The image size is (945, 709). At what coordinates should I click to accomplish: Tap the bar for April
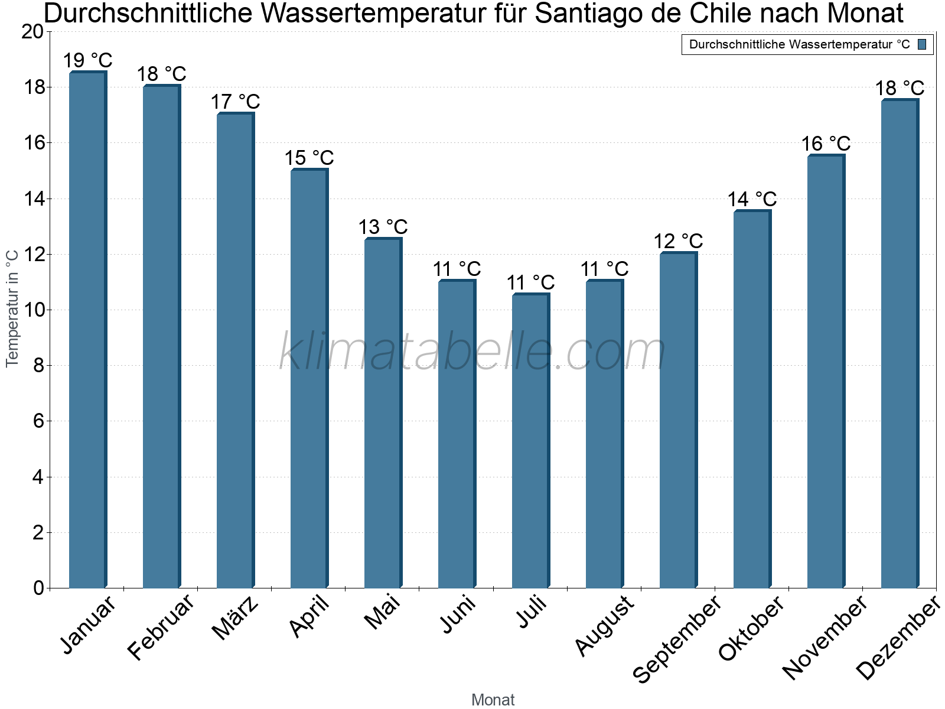[309, 378]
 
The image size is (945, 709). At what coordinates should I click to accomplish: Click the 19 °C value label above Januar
[87, 60]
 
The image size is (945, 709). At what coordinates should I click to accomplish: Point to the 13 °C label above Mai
[383, 227]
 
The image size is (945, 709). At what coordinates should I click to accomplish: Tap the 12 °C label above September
[678, 241]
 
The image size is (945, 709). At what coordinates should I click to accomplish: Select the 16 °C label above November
[826, 144]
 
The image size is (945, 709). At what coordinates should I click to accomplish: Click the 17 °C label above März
[235, 102]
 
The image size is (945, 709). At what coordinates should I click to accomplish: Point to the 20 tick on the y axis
[32, 32]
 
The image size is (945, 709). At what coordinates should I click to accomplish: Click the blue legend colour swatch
[922, 44]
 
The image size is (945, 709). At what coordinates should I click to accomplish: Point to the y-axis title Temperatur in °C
[12, 308]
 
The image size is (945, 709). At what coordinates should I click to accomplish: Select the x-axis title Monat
[493, 700]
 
